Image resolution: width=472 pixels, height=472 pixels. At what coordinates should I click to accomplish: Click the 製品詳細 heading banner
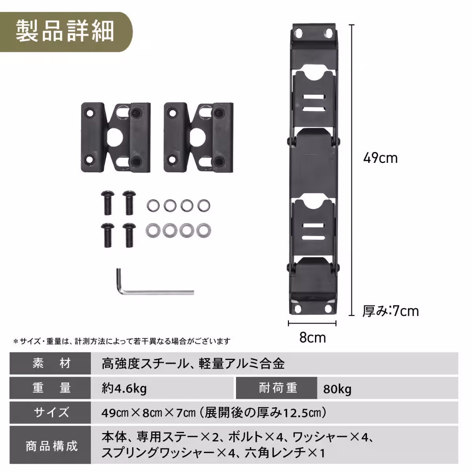[65, 31]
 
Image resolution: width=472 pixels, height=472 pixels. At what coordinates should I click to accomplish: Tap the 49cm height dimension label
[380, 158]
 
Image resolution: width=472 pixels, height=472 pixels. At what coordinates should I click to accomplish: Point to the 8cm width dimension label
[312, 337]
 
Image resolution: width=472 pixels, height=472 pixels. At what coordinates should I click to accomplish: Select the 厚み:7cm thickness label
[390, 311]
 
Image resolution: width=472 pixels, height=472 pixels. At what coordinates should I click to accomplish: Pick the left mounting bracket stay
[116, 137]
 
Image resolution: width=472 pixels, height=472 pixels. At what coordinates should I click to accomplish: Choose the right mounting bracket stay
[199, 137]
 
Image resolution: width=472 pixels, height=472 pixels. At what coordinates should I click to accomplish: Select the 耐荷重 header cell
[277, 388]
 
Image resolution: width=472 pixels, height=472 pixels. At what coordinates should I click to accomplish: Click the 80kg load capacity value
[337, 389]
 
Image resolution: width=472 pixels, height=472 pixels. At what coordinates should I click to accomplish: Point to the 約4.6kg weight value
[124, 389]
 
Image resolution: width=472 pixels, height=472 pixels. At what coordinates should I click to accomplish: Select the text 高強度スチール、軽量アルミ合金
[193, 363]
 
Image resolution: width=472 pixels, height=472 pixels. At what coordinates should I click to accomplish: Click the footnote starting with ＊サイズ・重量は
[122, 341]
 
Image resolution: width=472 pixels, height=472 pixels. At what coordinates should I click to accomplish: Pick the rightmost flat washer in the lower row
[203, 230]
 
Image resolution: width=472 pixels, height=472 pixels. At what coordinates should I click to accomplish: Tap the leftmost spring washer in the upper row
[153, 205]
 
